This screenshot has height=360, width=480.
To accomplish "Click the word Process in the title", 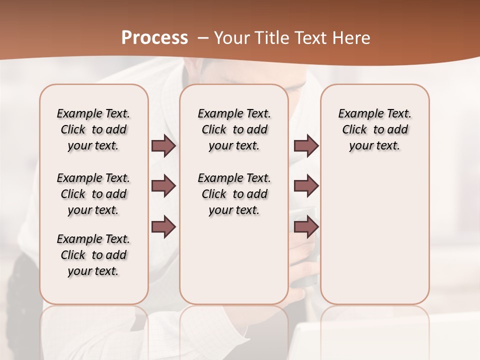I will [154, 37].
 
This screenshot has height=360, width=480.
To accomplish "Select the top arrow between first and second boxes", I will [163, 146].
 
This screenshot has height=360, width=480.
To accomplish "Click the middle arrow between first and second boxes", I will [163, 186].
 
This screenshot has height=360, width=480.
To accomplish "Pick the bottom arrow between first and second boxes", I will [163, 226].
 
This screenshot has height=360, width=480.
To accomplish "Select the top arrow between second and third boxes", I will [306, 146].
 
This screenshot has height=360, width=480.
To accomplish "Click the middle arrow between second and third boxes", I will [306, 186].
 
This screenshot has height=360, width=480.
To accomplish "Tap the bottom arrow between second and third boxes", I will [306, 226].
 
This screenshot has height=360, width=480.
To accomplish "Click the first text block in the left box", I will [93, 129].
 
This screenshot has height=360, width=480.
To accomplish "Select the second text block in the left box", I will [93, 194].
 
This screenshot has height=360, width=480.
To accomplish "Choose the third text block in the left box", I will [93, 255].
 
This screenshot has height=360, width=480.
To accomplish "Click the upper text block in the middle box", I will [234, 129].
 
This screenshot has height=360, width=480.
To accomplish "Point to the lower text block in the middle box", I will [234, 194].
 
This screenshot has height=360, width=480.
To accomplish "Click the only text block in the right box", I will [374, 129].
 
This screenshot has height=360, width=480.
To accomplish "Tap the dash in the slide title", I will [203, 38].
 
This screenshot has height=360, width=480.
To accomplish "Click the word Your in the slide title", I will [230, 38].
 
